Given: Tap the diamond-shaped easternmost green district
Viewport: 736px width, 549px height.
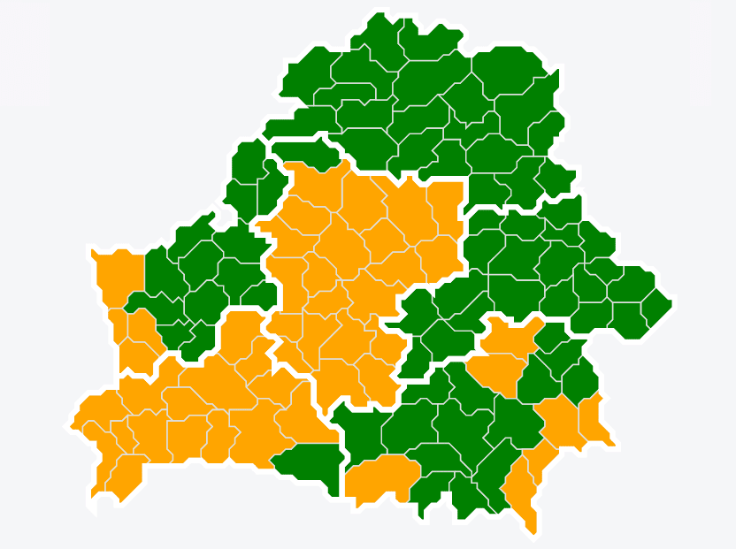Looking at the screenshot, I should click(x=656, y=305).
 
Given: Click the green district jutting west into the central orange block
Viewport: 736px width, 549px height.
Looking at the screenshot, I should click(x=416, y=309).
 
